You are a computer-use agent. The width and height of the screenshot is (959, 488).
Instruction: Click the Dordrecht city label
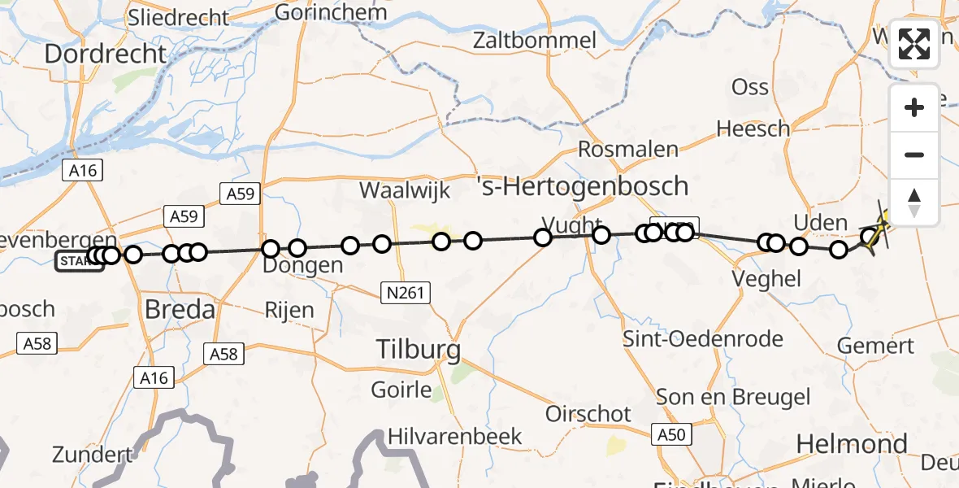click(x=105, y=54)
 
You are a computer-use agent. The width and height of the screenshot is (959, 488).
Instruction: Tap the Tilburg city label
click(x=419, y=351)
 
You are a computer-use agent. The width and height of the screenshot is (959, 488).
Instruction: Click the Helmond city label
click(x=851, y=444)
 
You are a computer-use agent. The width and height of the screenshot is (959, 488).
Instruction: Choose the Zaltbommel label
click(x=546, y=40)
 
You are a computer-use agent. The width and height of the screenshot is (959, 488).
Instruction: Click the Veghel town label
click(x=766, y=278)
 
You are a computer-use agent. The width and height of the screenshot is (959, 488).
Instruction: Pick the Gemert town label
click(x=876, y=345)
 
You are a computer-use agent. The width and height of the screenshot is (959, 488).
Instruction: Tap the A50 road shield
click(x=671, y=435)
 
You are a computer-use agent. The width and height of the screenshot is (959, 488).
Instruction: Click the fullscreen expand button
click(x=913, y=43)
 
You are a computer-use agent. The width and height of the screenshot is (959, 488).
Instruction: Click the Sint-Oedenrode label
click(x=703, y=338)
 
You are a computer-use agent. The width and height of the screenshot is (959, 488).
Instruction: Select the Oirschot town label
click(x=588, y=414)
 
